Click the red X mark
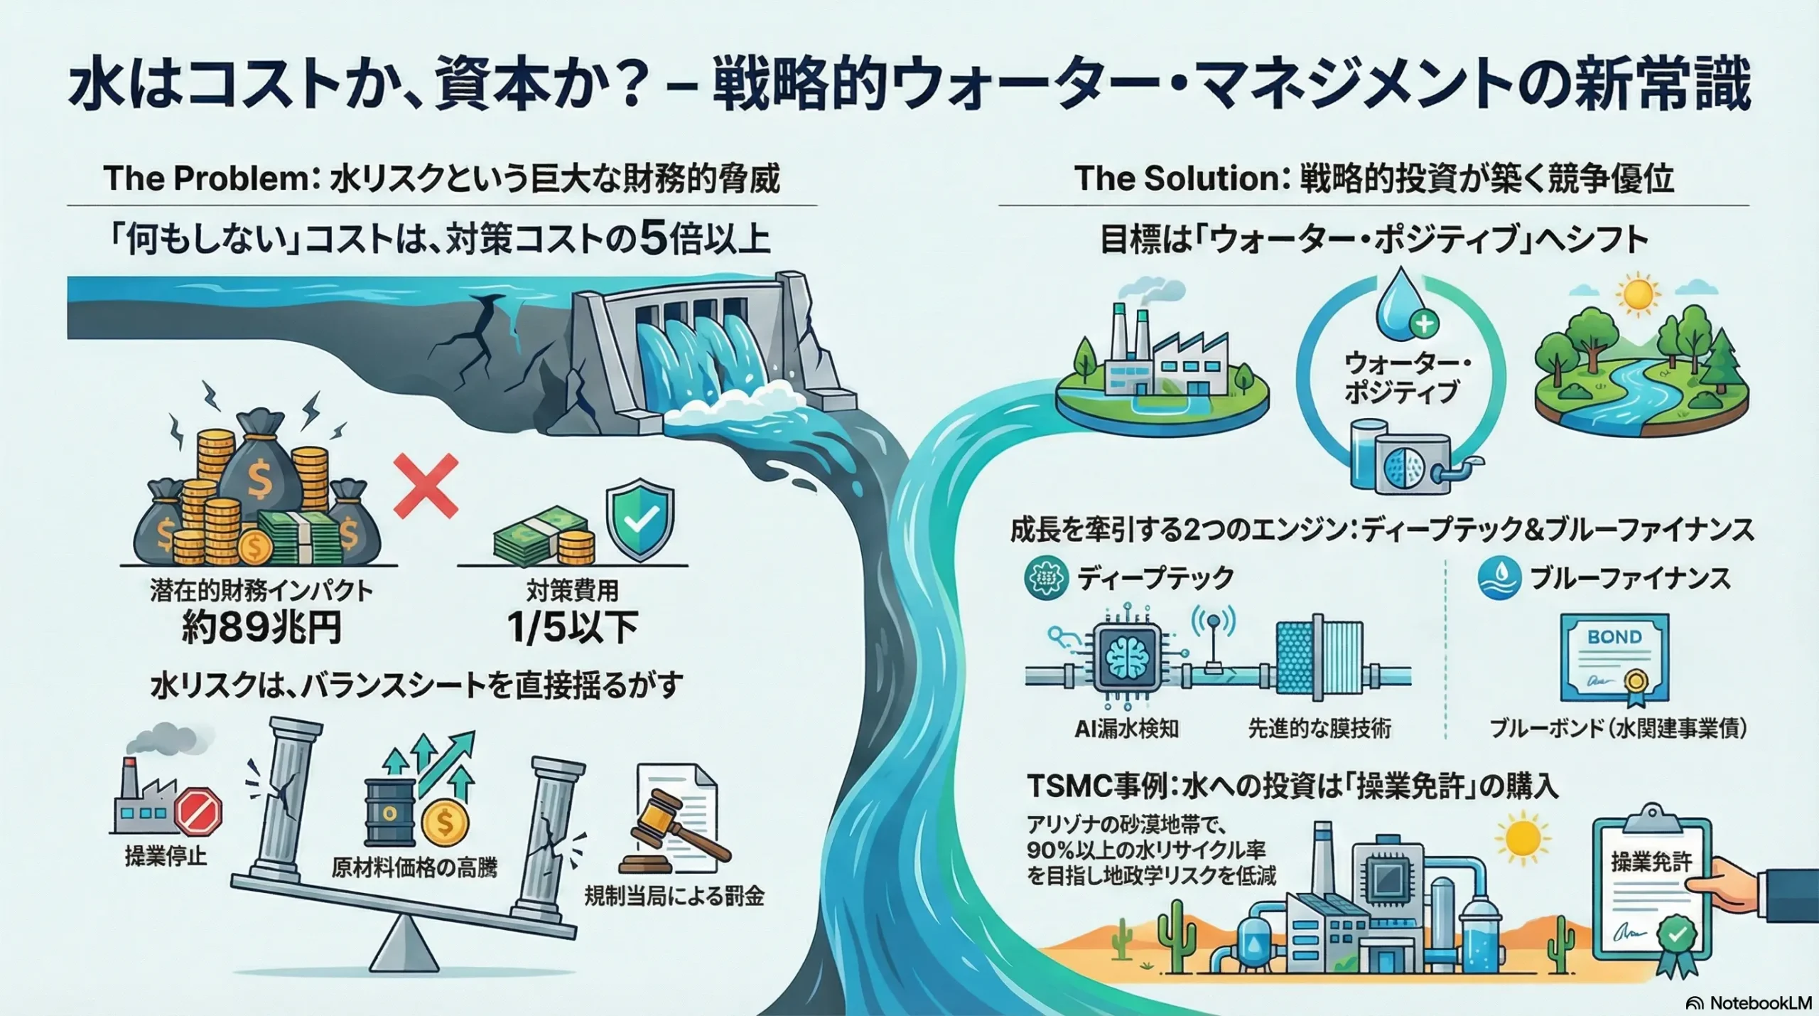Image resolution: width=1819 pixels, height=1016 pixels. pyautogui.click(x=426, y=487)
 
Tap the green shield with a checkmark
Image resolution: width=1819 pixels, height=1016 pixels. pyautogui.click(x=639, y=520)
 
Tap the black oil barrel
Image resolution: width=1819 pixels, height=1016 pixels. pyautogui.click(x=389, y=810)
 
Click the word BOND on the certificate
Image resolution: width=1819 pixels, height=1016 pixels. pyautogui.click(x=1614, y=637)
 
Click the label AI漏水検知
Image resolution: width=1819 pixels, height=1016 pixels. pyautogui.click(x=1127, y=729)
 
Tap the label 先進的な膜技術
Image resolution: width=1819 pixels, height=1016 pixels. pyautogui.click(x=1319, y=729)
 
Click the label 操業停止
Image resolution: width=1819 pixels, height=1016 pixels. pyautogui.click(x=166, y=856)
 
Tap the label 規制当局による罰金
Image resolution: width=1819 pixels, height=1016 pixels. pyautogui.click(x=674, y=897)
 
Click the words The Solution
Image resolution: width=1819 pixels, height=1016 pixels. pyautogui.click(x=1177, y=178)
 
